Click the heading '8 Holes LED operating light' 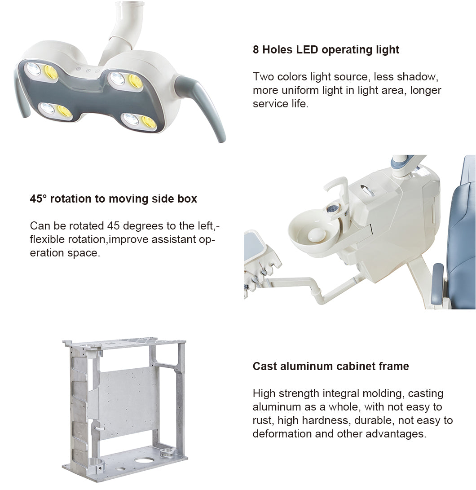pyautogui.click(x=326, y=50)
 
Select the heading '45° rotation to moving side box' pyautogui.click(x=113, y=199)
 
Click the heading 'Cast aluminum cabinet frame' pyautogui.click(x=331, y=366)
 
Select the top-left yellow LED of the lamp pyautogui.click(x=51, y=72)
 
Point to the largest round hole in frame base pyautogui.click(x=145, y=460)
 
